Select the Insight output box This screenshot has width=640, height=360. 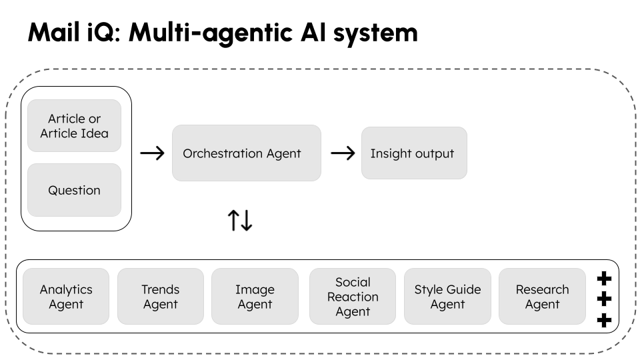414,153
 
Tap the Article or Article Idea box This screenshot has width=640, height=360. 74,126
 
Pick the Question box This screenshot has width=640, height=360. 74,190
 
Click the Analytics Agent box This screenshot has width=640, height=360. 66,297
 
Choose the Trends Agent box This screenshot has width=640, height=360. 160,297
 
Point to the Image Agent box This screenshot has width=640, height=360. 255,297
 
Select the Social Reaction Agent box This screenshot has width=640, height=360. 353,297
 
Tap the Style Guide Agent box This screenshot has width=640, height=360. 447,297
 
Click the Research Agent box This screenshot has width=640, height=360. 542,297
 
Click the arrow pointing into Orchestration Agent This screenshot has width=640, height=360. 153,153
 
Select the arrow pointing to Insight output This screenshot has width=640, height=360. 343,153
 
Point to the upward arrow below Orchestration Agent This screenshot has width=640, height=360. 233,221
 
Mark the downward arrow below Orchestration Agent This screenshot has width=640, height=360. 247,221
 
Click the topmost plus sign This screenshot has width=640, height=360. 604,277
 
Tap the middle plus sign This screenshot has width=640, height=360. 604,299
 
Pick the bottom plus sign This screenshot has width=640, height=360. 604,321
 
